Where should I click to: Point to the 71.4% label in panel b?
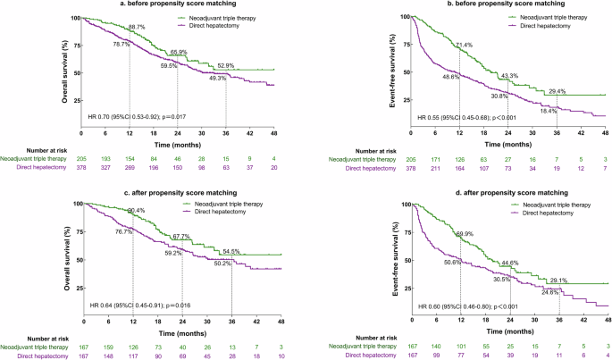(465, 43)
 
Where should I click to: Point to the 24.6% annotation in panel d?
(551, 291)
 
